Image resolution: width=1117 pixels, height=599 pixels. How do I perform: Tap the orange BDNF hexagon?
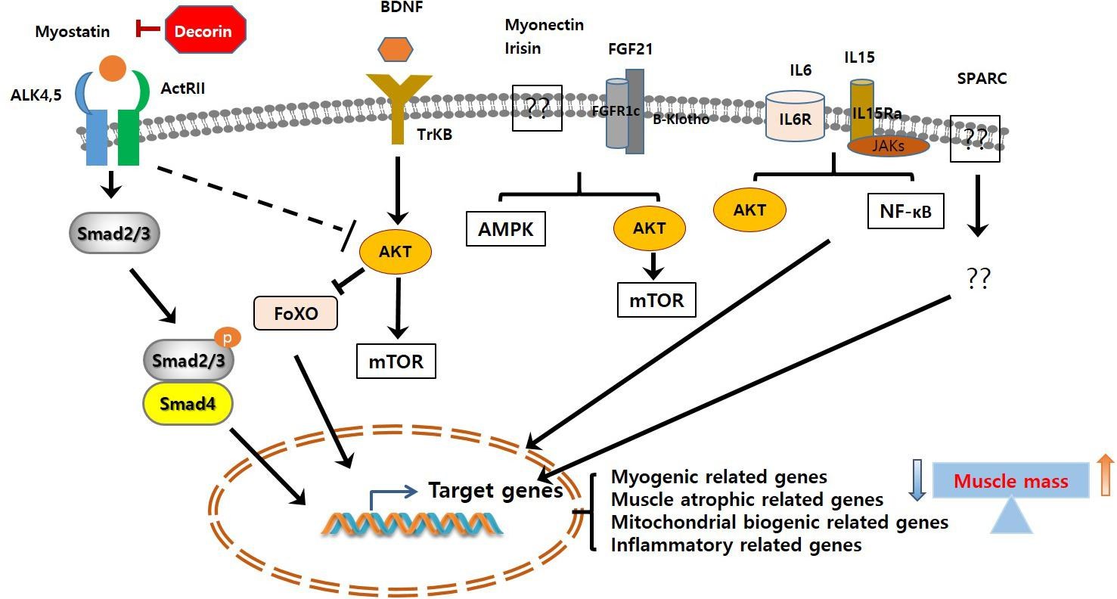396,48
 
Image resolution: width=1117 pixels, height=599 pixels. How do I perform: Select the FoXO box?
295,312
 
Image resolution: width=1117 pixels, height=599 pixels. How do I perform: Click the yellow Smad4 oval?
188,404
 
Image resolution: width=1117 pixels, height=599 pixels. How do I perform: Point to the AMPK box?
506,229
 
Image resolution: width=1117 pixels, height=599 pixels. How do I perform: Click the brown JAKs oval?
888,145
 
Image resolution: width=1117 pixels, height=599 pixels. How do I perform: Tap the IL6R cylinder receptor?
795,116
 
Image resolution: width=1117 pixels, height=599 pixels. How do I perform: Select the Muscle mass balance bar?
1011,481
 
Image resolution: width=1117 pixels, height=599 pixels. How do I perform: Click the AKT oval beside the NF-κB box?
749,209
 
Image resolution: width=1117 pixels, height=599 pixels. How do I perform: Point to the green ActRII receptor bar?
129,136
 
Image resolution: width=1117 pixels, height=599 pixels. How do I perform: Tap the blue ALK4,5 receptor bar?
96,136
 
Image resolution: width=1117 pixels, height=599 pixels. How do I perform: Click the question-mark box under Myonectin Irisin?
537,108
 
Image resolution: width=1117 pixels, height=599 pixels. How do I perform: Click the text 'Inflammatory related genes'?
736,545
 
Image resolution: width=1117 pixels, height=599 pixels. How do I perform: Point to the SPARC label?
982,79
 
